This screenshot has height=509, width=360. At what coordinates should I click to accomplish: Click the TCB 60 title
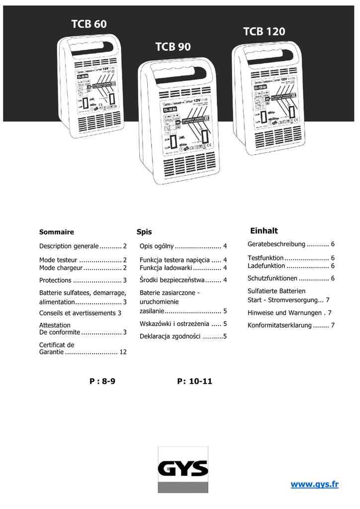pyautogui.click(x=89, y=24)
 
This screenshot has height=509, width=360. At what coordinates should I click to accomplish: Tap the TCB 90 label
pyautogui.click(x=173, y=47)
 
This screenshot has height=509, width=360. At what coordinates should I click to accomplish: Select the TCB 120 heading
pyautogui.click(x=264, y=32)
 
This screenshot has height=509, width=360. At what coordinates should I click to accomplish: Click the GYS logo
pyautogui.click(x=183, y=468)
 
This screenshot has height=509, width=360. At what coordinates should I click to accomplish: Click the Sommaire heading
pyautogui.click(x=57, y=232)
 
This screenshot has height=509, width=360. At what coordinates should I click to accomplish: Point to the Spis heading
pyautogui.click(x=144, y=232)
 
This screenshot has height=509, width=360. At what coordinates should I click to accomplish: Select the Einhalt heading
pyautogui.click(x=264, y=231)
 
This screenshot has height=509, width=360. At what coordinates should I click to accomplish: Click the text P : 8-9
pyautogui.click(x=102, y=381)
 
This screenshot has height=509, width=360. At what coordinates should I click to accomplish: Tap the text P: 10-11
pyautogui.click(x=194, y=381)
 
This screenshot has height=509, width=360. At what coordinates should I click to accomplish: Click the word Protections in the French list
pyautogui.click(x=55, y=280)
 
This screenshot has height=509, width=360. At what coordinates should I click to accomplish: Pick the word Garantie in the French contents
pyautogui.click(x=51, y=352)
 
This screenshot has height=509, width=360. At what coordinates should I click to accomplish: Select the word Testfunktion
pyautogui.click(x=266, y=258)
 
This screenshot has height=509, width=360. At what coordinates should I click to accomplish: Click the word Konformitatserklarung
pyautogui.click(x=279, y=326)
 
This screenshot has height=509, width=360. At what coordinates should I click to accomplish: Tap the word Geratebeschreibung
pyautogui.click(x=276, y=244)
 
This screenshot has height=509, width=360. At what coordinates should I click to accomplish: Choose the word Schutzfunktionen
pyautogui.click(x=272, y=278)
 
